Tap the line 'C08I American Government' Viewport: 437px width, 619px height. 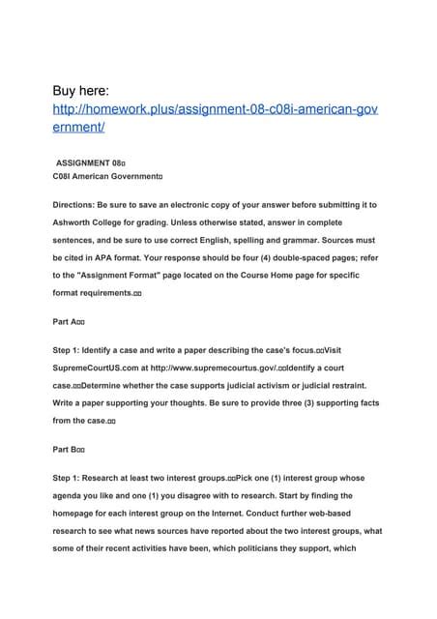click(106, 179)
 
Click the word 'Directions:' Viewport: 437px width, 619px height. click(80, 205)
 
